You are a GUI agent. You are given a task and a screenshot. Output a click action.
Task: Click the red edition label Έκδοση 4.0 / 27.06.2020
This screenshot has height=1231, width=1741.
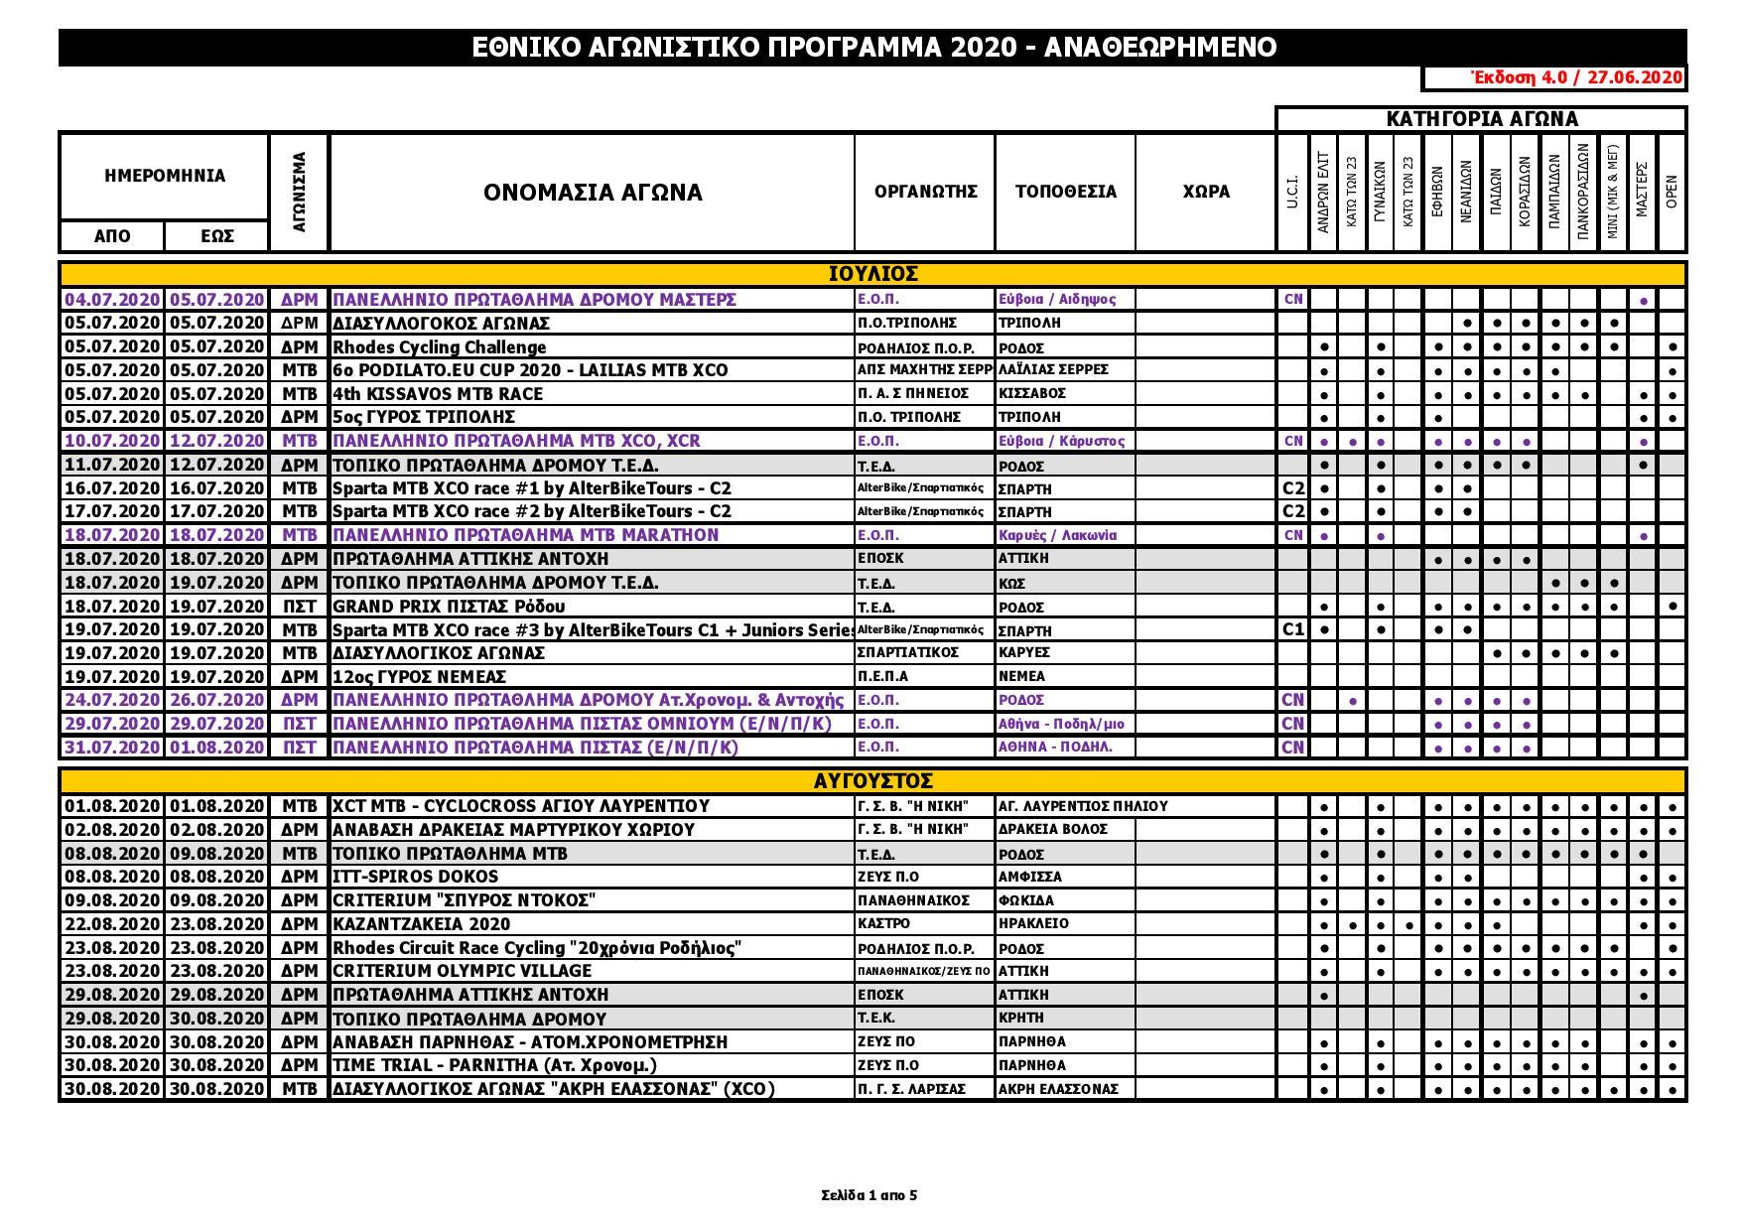[1575, 78]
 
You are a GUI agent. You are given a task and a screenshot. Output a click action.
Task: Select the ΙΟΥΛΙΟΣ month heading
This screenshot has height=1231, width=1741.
[872, 274]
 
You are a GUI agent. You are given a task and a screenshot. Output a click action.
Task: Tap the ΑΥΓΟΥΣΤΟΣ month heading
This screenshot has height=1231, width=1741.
[872, 781]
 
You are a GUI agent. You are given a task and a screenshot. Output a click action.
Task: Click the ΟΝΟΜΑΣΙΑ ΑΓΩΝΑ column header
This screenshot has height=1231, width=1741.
[593, 192]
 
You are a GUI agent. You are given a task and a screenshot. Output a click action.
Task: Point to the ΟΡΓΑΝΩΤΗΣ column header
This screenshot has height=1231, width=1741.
[925, 192]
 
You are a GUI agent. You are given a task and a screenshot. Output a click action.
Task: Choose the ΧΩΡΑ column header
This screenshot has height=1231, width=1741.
[1206, 192]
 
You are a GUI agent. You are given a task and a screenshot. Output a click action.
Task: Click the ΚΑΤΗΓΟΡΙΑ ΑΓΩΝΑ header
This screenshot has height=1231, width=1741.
[1481, 119]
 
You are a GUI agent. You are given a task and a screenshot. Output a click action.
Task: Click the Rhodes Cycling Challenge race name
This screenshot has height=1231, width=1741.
[440, 347]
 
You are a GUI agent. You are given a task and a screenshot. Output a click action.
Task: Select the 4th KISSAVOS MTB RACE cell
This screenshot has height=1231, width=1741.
[438, 393]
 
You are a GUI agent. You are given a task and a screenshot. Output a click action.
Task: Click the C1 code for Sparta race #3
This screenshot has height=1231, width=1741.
[1292, 629]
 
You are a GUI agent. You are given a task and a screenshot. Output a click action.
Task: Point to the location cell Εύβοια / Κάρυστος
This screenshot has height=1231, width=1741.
[1061, 441]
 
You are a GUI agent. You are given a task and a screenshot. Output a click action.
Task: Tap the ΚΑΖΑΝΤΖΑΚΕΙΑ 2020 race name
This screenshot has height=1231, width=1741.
[422, 924]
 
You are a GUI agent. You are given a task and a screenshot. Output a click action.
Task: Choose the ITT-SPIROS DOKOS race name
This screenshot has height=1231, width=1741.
[416, 877]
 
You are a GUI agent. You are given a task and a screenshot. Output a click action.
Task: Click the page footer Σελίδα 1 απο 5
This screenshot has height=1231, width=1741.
[870, 1195]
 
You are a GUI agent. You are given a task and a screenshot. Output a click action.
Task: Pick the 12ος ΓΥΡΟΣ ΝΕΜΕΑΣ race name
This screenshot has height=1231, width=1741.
[420, 677]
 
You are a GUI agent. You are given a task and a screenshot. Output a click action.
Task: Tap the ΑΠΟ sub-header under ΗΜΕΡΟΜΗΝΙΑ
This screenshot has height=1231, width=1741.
[112, 236]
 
